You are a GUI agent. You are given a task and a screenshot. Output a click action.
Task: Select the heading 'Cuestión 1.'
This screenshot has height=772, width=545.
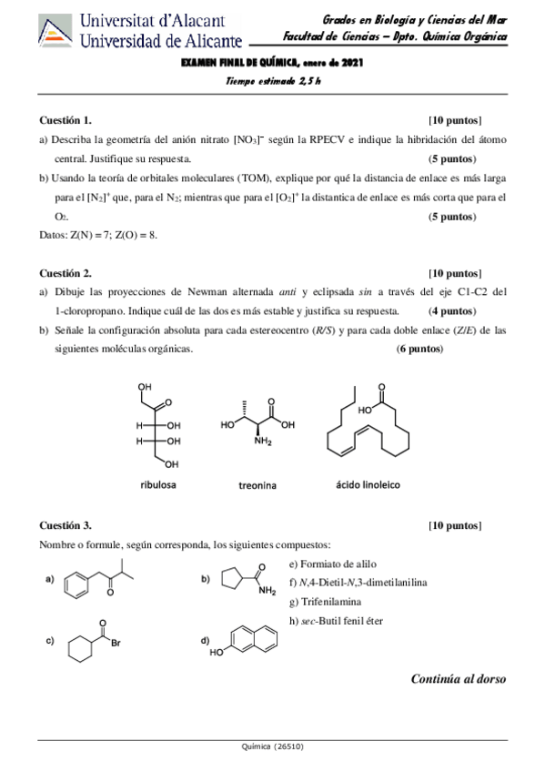[66, 120]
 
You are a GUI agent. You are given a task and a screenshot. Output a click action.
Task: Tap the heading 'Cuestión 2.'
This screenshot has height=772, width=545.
[66, 272]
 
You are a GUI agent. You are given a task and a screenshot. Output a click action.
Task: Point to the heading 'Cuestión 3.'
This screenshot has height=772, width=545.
[66, 525]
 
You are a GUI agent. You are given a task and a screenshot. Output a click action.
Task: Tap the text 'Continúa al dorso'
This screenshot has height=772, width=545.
[458, 678]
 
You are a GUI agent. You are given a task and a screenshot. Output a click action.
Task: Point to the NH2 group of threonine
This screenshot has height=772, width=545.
[264, 442]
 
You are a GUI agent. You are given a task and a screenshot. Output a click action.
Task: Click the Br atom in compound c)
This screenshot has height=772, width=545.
[116, 642]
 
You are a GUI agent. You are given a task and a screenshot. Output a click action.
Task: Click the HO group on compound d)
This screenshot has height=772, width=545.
[217, 653]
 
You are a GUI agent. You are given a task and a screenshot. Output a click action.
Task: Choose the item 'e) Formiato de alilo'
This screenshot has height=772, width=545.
[331, 564]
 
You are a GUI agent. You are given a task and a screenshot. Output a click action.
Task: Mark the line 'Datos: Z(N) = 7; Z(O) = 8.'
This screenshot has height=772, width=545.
[98, 234]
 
